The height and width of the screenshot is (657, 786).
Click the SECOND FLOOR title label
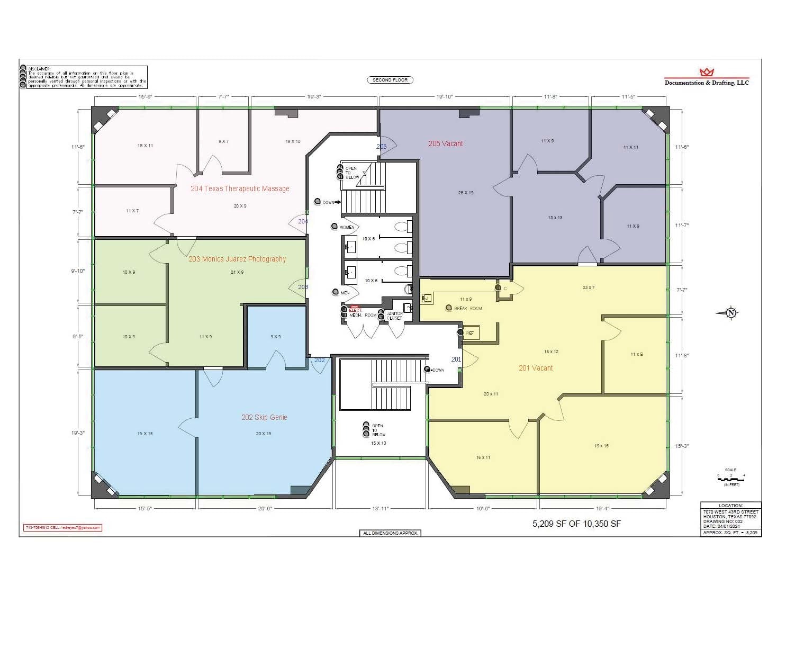(390, 80)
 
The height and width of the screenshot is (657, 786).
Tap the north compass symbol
(729, 313)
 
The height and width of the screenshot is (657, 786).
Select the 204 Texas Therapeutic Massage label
(240, 188)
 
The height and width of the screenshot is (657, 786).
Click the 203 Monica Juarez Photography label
(237, 259)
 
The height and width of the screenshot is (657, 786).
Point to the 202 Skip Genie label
(264, 417)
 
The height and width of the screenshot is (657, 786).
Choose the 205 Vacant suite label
(445, 143)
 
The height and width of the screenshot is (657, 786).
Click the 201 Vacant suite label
(535, 368)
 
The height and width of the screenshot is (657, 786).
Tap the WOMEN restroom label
(347, 227)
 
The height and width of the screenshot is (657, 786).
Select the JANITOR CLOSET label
(394, 316)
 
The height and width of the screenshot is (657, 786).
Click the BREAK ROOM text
(468, 308)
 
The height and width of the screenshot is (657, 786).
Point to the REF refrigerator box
(470, 333)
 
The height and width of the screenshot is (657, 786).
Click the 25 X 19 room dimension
(465, 193)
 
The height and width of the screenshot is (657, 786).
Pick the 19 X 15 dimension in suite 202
(144, 434)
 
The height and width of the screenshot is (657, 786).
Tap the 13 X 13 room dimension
(555, 218)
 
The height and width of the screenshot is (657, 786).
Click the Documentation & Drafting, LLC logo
(707, 77)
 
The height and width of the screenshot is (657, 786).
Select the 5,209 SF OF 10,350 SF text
(576, 524)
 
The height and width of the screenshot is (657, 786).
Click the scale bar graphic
(731, 478)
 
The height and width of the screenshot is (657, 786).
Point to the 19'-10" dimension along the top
(445, 97)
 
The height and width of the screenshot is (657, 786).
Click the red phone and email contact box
(62, 528)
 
